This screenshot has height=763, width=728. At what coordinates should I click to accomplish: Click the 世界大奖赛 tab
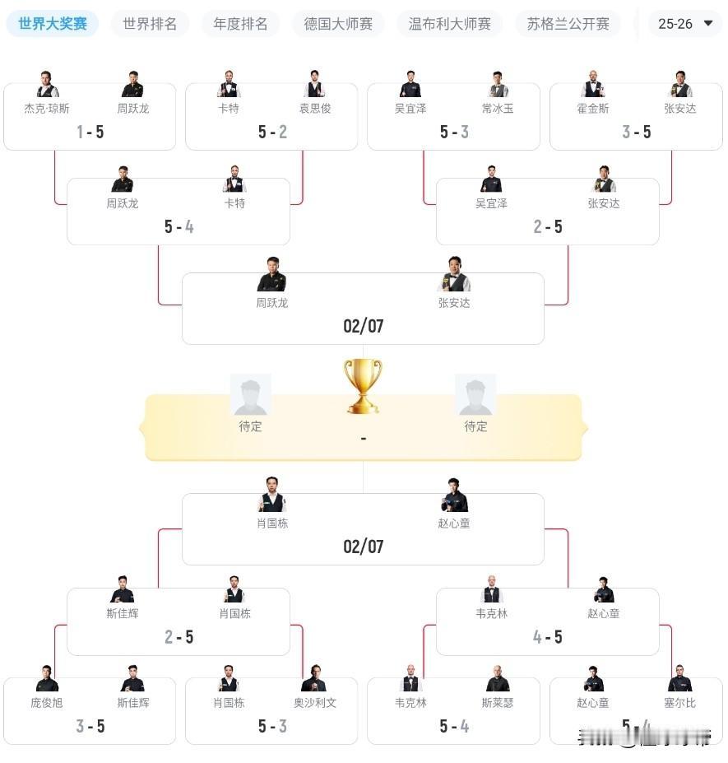(53, 24)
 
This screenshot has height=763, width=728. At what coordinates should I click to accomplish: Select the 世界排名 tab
(150, 24)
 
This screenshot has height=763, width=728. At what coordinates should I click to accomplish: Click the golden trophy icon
(363, 385)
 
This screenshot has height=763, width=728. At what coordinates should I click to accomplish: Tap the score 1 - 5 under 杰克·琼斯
(90, 132)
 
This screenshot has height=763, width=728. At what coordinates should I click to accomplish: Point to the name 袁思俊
(314, 108)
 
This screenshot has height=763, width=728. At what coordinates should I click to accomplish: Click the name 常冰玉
(497, 108)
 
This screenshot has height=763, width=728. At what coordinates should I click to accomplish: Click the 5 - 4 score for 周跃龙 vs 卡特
(179, 226)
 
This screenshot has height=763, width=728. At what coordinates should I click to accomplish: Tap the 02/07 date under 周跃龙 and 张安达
(363, 326)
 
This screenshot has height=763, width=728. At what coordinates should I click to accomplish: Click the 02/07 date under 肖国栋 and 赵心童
(363, 547)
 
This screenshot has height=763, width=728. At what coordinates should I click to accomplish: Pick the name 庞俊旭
(47, 702)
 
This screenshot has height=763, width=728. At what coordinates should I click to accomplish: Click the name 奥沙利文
(314, 702)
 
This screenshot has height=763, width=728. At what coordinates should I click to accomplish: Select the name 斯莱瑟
(497, 702)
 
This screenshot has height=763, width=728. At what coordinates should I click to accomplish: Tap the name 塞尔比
(679, 702)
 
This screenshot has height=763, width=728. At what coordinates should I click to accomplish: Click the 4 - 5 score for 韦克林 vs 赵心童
(547, 637)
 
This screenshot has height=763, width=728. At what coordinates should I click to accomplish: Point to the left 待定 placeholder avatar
(250, 394)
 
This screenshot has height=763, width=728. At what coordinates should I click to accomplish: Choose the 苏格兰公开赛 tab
(568, 24)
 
